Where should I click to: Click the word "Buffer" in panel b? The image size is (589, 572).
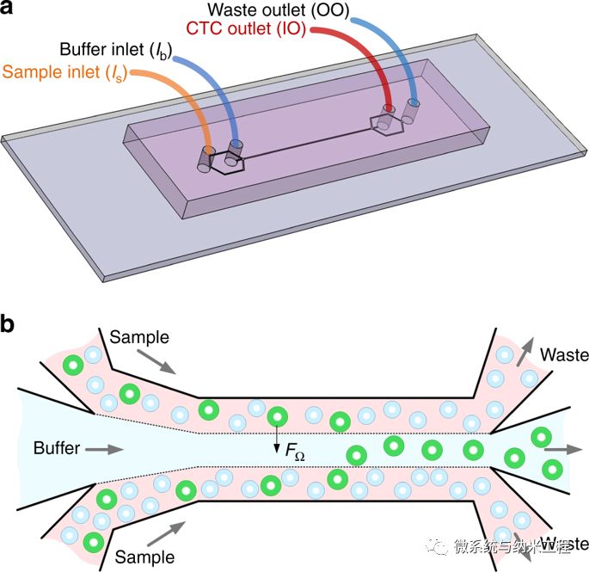pos(57,448)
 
